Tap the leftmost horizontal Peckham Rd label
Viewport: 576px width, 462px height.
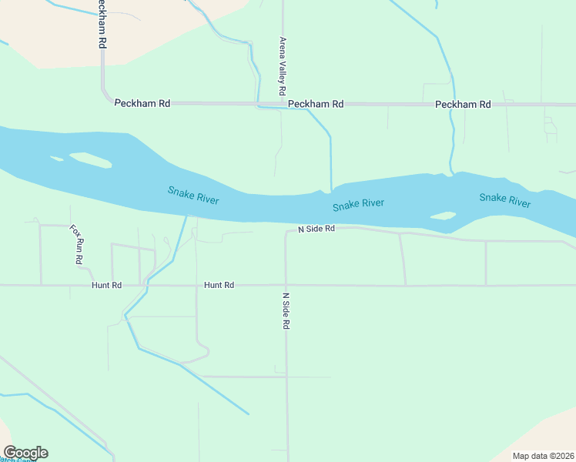pos(142,103)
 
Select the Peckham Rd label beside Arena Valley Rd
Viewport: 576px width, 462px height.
pos(316,104)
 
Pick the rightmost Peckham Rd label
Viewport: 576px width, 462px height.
pos(463,105)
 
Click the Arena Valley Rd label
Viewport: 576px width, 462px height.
pos(283,61)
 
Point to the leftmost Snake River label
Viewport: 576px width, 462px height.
pos(193,196)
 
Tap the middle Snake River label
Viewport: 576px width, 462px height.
pos(358,205)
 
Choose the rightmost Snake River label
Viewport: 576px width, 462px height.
pos(504,200)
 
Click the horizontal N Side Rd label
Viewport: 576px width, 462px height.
pos(316,229)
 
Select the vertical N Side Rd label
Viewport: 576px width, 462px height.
pos(285,311)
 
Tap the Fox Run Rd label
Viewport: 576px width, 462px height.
pos(75,245)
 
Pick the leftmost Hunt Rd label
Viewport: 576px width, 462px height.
pos(106,286)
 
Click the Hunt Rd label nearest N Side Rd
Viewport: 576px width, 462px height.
pos(219,286)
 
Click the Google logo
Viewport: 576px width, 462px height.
pos(25,453)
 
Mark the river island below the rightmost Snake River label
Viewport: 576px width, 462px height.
pos(443,216)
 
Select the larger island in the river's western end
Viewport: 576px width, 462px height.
pos(91,160)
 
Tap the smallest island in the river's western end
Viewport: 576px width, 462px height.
pos(56,159)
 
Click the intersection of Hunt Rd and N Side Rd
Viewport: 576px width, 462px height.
pos(286,286)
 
